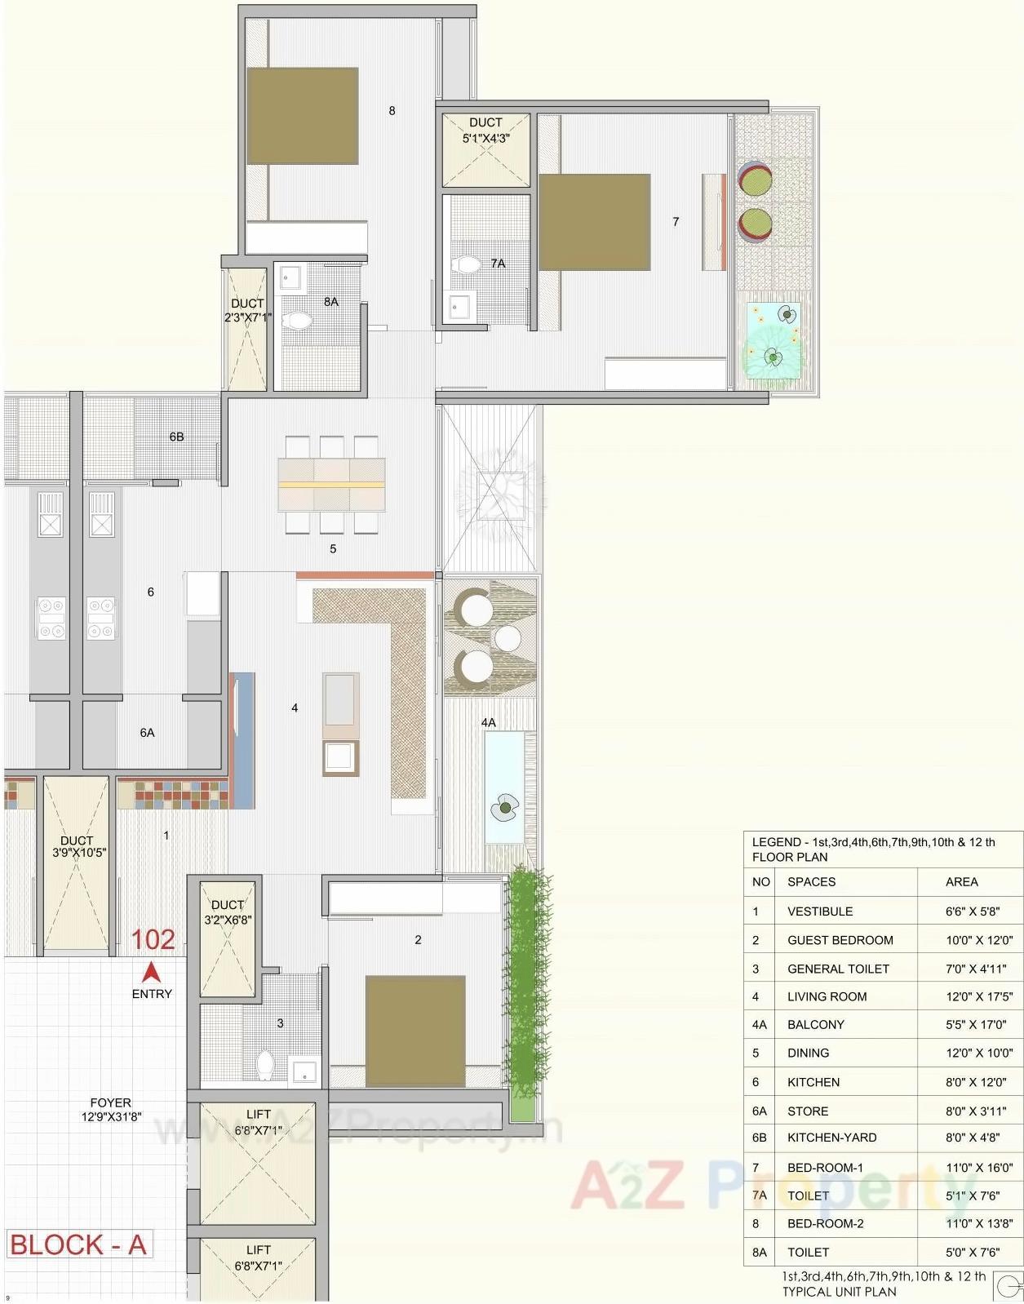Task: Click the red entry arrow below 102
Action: pyautogui.click(x=151, y=973)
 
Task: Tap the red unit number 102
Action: pyautogui.click(x=153, y=940)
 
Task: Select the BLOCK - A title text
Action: pyautogui.click(x=78, y=1245)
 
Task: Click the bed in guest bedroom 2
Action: pyautogui.click(x=415, y=1030)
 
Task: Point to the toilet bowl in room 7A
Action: pyautogui.click(x=468, y=264)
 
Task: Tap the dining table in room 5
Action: pyautogui.click(x=331, y=484)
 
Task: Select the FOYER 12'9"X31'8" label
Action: pyautogui.click(x=110, y=1110)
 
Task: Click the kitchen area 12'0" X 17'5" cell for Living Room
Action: pyautogui.click(x=978, y=996)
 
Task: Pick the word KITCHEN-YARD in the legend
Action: pyautogui.click(x=831, y=1138)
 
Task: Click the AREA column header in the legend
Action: pyautogui.click(x=961, y=882)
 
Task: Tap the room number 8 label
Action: pyautogui.click(x=392, y=111)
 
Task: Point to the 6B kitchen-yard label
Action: pyautogui.click(x=176, y=437)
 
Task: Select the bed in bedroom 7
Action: pyautogui.click(x=594, y=222)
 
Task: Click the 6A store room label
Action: pyautogui.click(x=147, y=733)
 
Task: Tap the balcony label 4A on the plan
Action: pyautogui.click(x=488, y=723)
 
